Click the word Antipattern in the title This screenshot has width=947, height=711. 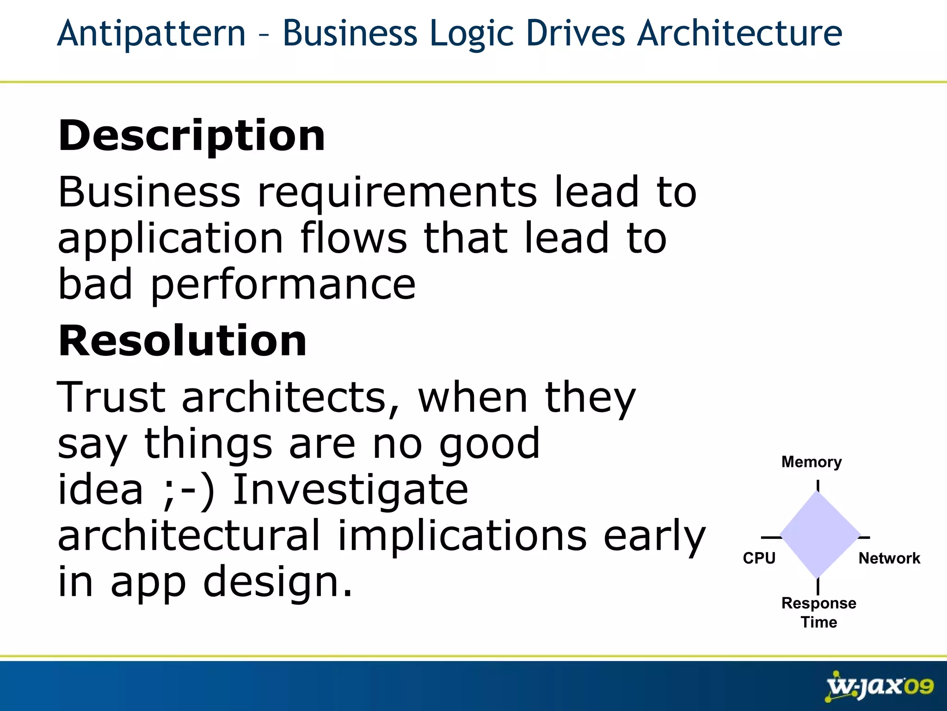151,33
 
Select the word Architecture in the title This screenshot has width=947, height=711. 739,33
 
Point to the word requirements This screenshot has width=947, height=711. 397,193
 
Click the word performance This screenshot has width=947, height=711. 283,286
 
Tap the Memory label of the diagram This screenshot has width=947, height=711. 812,462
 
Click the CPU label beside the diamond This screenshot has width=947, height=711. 759,558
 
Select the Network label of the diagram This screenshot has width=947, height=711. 889,558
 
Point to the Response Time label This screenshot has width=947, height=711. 818,612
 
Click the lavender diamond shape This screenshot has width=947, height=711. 819,535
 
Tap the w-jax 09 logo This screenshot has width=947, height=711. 879,686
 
